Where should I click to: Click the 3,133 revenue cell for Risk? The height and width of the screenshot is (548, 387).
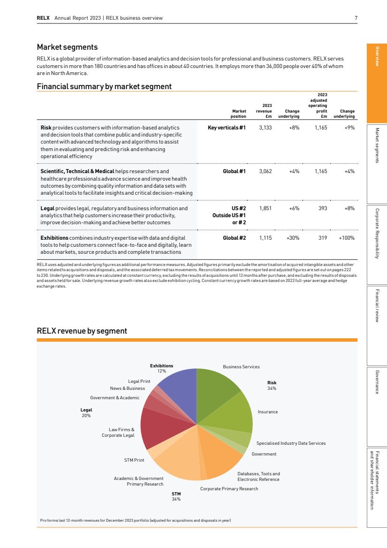click(x=266, y=127)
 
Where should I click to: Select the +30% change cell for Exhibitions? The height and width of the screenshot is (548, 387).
click(x=293, y=238)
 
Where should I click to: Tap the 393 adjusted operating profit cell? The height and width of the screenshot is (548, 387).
click(x=322, y=208)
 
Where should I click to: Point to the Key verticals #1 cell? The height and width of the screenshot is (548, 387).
click(x=227, y=127)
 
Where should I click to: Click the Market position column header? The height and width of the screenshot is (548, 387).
click(x=238, y=114)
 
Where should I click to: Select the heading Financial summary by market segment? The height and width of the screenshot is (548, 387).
click(x=104, y=86)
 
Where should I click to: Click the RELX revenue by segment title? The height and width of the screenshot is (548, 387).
click(x=82, y=331)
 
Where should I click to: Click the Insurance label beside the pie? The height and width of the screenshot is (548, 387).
click(x=267, y=412)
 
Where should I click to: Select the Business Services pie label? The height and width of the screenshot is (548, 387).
click(x=241, y=367)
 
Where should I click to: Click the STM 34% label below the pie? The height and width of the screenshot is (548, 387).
click(x=176, y=496)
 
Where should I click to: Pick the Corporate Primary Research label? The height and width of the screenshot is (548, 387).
click(x=229, y=489)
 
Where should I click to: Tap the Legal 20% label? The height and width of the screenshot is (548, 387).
click(x=86, y=413)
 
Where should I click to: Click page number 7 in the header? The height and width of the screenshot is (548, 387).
click(x=356, y=18)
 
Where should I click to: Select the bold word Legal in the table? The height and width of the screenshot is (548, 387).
click(x=47, y=208)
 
